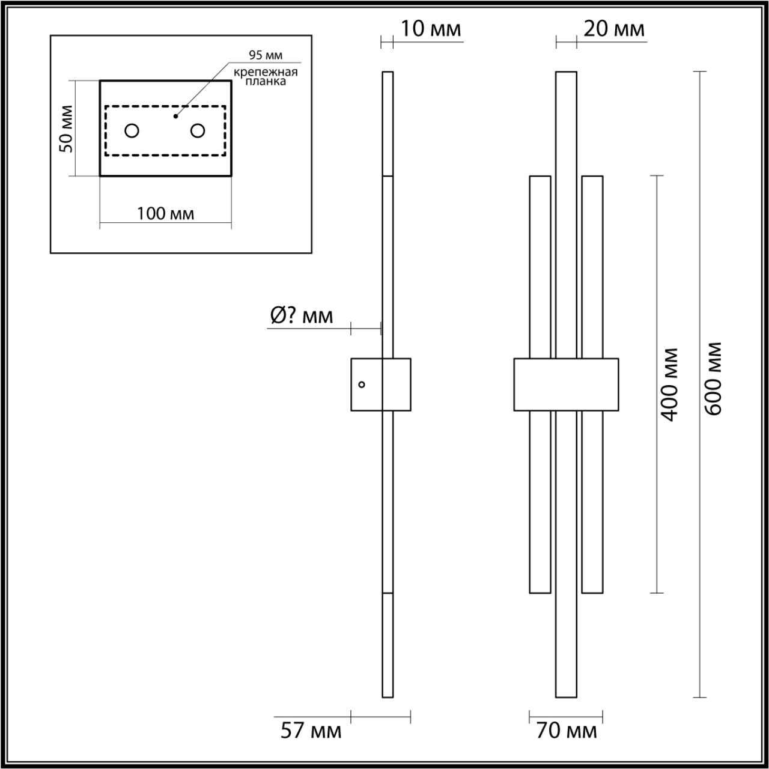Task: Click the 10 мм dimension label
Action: coord(431,28)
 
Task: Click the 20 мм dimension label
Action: coord(613,28)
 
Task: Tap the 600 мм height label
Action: coord(713,378)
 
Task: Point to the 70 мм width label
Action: coord(567,731)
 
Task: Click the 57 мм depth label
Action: coord(311,731)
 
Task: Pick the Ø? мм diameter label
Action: coord(301,315)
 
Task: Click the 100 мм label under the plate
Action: coord(165,213)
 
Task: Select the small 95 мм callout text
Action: coord(266,56)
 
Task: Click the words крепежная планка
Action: coord(266,77)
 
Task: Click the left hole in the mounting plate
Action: coord(132,130)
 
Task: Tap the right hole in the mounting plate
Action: coord(198,130)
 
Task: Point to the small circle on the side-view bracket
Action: coord(362,384)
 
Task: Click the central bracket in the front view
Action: coord(566,384)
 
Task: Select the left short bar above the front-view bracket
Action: coord(540,264)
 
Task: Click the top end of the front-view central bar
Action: coord(566,75)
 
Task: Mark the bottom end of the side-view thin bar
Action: coord(388,694)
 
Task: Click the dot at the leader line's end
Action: coord(175,116)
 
